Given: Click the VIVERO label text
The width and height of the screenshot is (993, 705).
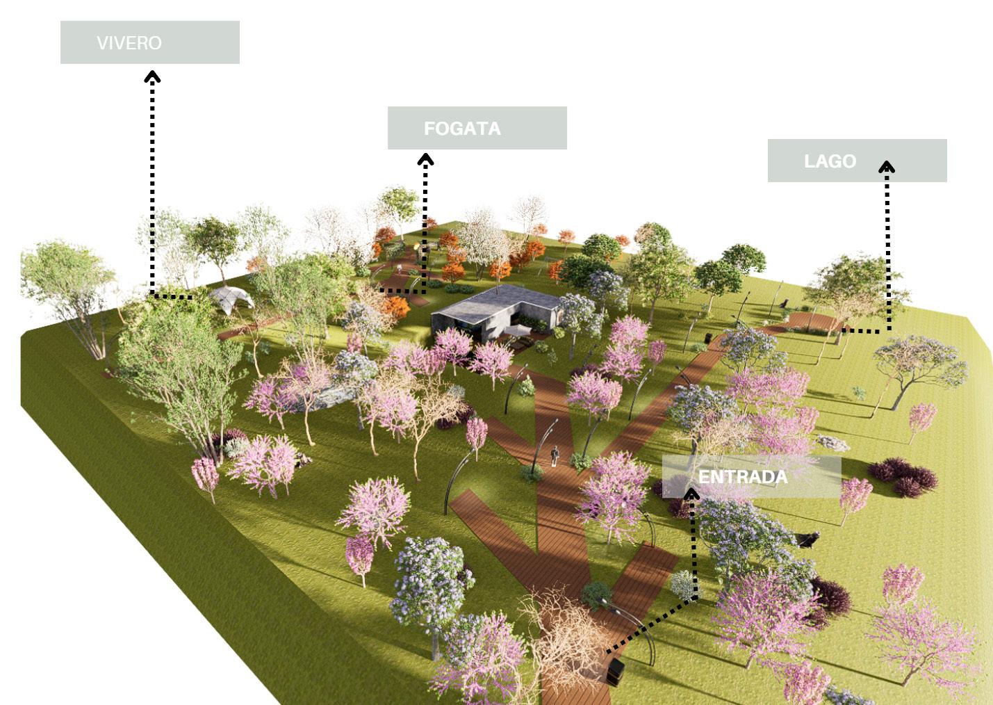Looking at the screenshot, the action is point(129,43).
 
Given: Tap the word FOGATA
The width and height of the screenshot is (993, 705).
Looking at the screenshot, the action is point(462,129).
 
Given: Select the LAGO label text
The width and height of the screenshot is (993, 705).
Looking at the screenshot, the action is point(830,161).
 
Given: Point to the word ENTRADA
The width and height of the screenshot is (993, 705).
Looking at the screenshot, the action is point(743,477).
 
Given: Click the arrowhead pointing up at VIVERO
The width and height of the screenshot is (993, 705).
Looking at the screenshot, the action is point(152,76).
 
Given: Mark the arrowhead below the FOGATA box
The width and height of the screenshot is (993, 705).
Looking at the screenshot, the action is point(425,160).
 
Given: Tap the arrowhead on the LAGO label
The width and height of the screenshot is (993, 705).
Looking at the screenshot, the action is point(887,168).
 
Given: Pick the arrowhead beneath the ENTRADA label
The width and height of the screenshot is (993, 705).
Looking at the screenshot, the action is point(691,494).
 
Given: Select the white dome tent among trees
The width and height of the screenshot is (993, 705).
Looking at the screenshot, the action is point(231,299).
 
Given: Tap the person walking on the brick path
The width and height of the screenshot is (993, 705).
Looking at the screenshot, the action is point(555,455).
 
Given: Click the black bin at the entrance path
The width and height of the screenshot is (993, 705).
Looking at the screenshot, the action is point(615,672).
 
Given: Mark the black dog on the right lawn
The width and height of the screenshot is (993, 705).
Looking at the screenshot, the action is point(807,539).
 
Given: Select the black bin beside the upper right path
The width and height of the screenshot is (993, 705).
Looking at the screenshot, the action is point(707,339).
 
